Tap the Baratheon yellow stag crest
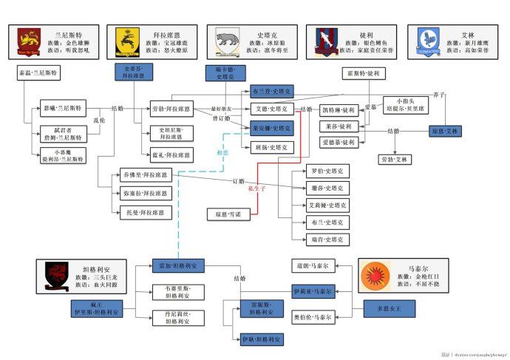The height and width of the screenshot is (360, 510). pyautogui.click(x=126, y=43)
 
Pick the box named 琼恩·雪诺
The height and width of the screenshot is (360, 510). pyautogui.click(x=227, y=214)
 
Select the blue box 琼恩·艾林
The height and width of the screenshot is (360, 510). pyautogui.click(x=445, y=131)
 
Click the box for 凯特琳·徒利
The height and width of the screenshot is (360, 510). pyautogui.click(x=338, y=109)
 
